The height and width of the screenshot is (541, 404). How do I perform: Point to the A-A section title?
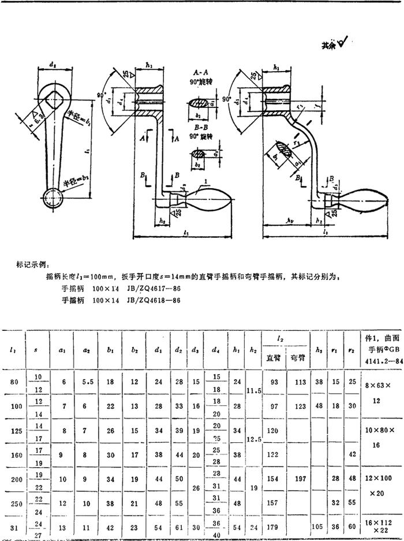click(203, 73)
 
